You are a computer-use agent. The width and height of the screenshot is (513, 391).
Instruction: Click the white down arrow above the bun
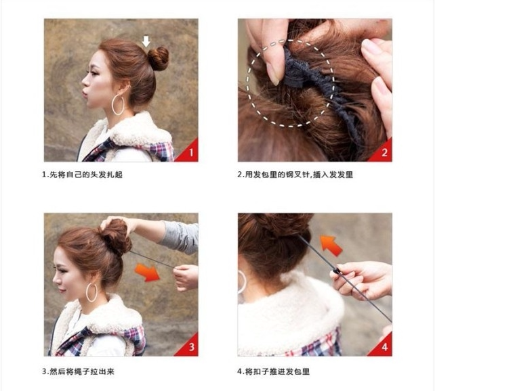point(146,41)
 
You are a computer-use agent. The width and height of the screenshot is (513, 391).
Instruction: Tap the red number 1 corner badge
point(189,152)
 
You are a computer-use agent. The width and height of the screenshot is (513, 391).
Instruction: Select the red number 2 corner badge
point(384,152)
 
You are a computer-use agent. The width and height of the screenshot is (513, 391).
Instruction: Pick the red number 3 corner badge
point(189,347)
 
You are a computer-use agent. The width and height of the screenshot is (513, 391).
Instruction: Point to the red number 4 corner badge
point(384,347)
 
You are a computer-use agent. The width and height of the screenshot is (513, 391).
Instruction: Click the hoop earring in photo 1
point(118,104)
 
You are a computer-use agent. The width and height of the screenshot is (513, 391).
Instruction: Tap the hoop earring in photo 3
point(91,292)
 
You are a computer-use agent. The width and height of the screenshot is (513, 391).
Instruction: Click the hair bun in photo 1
point(158,58)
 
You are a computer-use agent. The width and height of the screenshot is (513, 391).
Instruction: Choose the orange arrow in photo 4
point(330,244)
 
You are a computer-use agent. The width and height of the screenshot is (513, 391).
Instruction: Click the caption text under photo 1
point(82,175)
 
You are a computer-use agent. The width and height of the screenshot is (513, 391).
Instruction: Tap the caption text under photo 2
point(295,175)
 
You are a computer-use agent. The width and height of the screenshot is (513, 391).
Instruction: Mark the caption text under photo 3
point(78,371)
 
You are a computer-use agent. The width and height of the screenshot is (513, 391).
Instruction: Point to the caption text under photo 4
point(274,371)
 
